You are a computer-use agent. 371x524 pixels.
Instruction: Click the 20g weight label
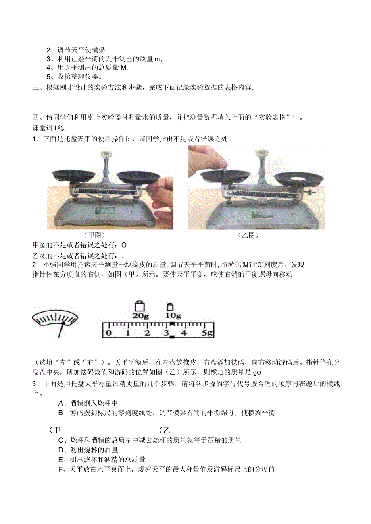[x=140, y=316]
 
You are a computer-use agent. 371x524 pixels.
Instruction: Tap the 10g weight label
[x=173, y=316]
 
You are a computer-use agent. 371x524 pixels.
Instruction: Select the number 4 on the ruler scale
[x=184, y=333]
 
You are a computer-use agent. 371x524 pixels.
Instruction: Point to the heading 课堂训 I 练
[x=48, y=128]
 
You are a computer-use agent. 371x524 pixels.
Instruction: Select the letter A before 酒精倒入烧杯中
[x=61, y=403]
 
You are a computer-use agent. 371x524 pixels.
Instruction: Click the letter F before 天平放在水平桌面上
[x=61, y=469]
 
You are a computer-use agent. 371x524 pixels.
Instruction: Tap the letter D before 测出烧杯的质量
[x=61, y=450]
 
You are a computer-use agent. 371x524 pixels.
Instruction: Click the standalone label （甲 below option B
[x=54, y=430]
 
